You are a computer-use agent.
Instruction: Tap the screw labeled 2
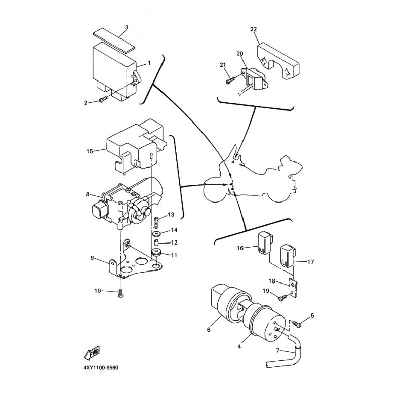103,100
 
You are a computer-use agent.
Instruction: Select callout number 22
253,29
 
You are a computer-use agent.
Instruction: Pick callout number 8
87,194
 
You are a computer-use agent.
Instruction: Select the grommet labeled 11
156,253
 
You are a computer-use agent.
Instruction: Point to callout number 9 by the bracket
93,258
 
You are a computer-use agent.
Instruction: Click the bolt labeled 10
119,292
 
